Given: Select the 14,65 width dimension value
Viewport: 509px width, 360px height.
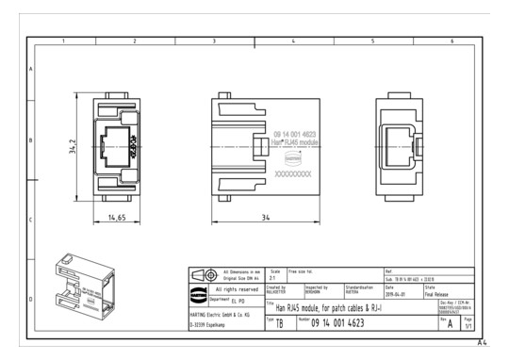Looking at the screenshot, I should coord(117,218).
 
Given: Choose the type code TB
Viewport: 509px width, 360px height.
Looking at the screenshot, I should coord(279,323).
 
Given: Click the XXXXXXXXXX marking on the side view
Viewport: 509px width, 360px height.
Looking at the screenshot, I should coord(292,174).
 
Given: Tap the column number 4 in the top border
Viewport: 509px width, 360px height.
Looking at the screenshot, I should coord(293,41).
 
